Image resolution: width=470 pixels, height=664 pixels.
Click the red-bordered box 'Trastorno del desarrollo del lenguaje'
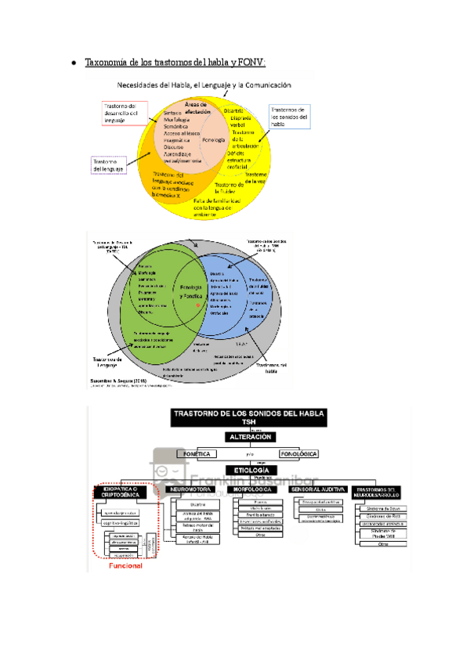point(121,114)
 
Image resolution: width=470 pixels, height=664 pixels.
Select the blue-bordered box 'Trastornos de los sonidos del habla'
point(289,117)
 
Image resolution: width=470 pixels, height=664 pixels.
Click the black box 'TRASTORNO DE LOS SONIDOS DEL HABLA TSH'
point(248,417)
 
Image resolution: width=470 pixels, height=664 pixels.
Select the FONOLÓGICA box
point(299,453)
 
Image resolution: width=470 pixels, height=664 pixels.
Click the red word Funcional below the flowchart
point(125,566)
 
